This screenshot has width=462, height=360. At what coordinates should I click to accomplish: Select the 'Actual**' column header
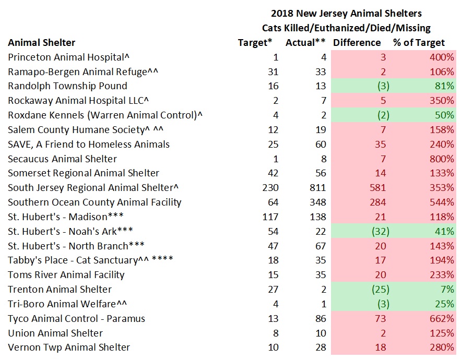click(306, 43)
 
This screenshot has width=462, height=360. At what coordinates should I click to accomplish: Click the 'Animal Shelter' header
click(42, 43)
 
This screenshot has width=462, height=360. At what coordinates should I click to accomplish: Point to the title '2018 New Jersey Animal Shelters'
click(346, 13)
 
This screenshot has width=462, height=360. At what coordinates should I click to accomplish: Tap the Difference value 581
click(376, 188)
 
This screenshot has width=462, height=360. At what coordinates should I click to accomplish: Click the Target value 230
click(270, 188)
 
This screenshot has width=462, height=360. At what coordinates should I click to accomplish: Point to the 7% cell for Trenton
click(447, 290)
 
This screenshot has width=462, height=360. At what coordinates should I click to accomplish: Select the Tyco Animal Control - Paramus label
click(76, 318)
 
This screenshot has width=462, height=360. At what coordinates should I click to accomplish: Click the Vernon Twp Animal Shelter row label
click(69, 347)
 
